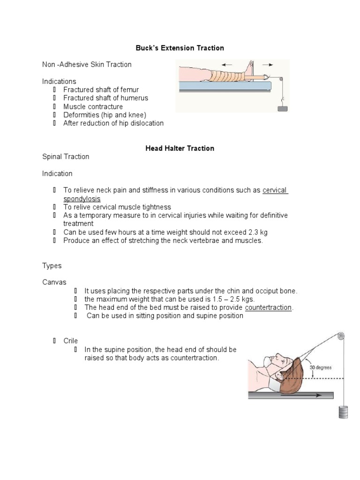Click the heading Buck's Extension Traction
[x=180, y=48]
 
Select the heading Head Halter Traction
[x=180, y=148]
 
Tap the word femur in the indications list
[x=129, y=90]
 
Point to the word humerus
[x=134, y=98]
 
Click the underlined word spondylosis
[x=82, y=199]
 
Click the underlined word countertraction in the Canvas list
[x=268, y=307]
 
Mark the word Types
[x=52, y=265]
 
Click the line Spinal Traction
[x=66, y=157]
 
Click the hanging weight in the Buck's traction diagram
[x=282, y=108]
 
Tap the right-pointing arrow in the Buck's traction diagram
[x=269, y=65]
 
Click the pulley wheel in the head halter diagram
[x=340, y=336]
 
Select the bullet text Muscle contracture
[x=93, y=106]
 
